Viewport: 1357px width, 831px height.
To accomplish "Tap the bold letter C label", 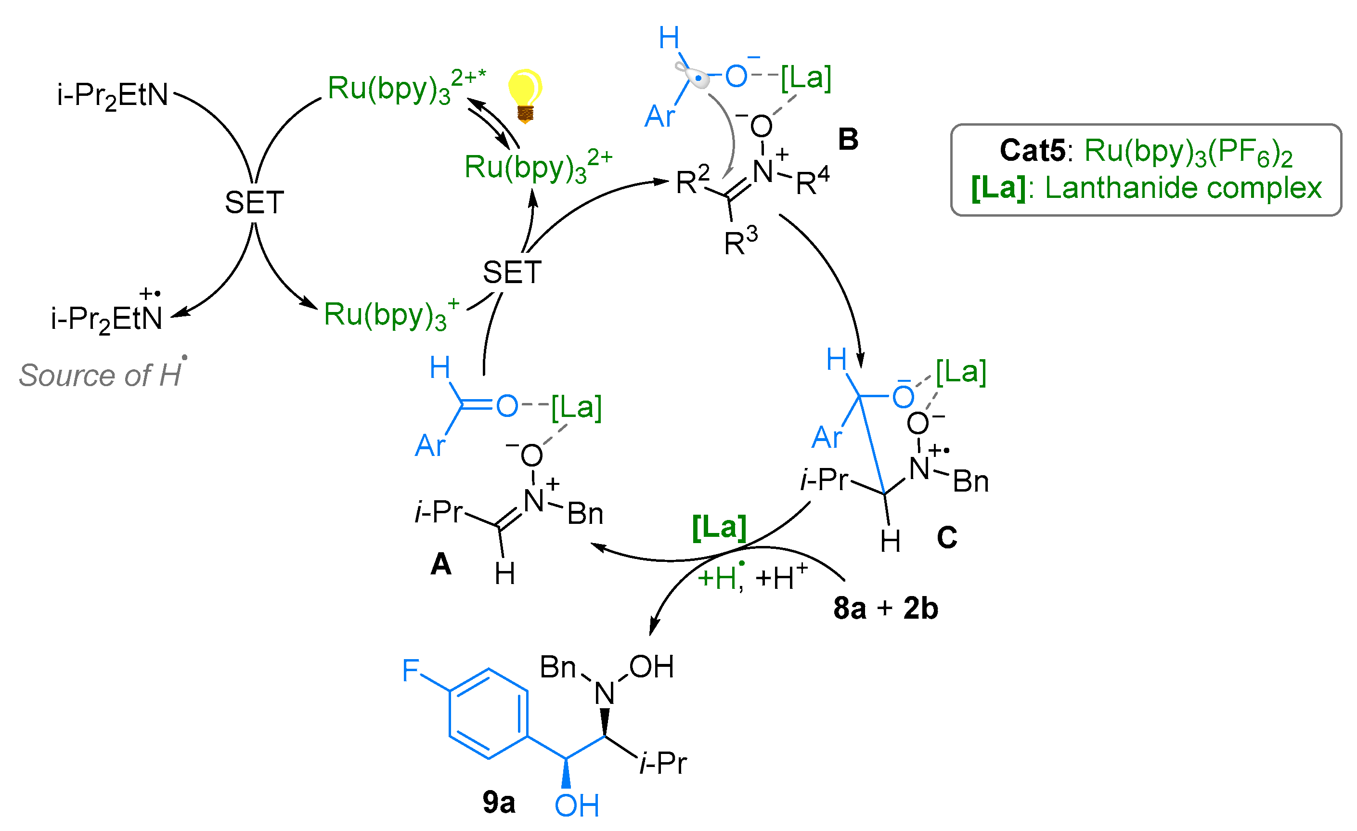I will pyautogui.click(x=947, y=537).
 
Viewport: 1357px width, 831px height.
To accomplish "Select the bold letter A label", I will pyautogui.click(x=440, y=564).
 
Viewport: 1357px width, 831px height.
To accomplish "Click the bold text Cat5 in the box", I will pyautogui.click(x=1032, y=150).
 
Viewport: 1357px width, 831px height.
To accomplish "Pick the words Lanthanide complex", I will pyautogui.click(x=1183, y=188).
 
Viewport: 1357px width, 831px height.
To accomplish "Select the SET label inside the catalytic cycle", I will pyautogui.click(x=512, y=272).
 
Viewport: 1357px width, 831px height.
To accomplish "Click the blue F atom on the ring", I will pyautogui.click(x=410, y=670).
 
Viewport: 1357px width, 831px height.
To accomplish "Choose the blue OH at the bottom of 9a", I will pyautogui.click(x=576, y=805).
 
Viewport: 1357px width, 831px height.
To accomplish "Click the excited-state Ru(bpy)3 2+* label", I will pyautogui.click(x=406, y=88).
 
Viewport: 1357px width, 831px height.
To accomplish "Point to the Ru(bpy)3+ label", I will pyautogui.click(x=391, y=315).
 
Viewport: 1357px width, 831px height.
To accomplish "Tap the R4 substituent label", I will pyautogui.click(x=813, y=182).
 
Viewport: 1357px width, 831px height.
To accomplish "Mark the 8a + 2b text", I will pyautogui.click(x=886, y=609).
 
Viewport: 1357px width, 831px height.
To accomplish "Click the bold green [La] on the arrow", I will pyautogui.click(x=719, y=527).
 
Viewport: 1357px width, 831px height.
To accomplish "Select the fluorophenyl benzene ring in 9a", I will pyautogui.click(x=489, y=714).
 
